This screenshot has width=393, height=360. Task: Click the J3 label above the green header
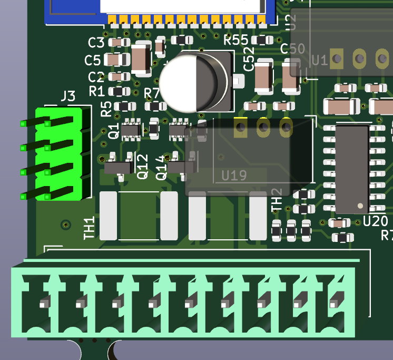[68, 96]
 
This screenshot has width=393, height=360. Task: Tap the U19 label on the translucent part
[234, 174]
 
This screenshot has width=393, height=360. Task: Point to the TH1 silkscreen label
[90, 228]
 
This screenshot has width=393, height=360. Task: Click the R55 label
[235, 40]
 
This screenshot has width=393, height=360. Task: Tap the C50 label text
[292, 49]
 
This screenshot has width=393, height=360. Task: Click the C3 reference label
[96, 43]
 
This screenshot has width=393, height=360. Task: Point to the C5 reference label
[93, 60]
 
